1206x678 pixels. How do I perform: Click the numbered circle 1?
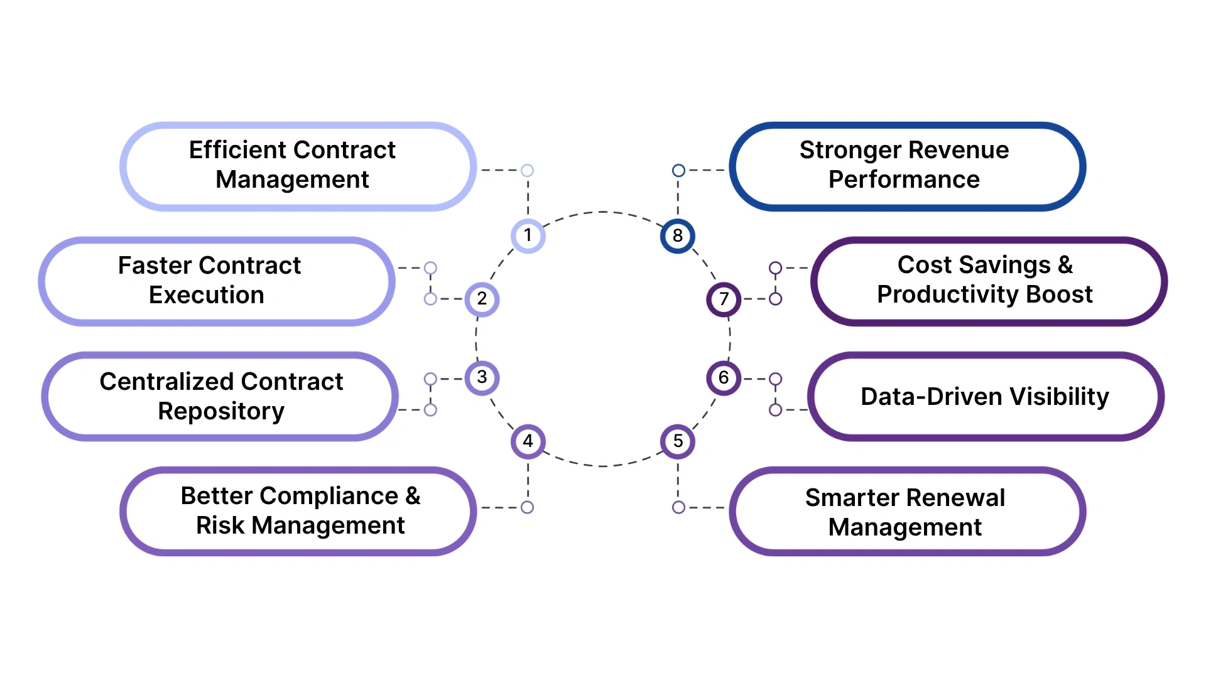coord(528,235)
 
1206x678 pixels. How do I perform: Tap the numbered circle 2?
coord(482,299)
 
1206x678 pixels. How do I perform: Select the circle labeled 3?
coord(482,377)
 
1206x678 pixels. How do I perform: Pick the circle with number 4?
coord(528,441)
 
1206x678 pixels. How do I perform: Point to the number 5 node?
coord(678,441)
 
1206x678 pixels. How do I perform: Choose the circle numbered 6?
coord(724,377)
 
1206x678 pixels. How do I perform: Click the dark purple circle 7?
coord(724,299)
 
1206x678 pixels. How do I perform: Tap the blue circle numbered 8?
coord(678,235)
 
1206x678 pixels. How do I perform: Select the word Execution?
coord(206,295)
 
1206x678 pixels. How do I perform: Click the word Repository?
coord(221,411)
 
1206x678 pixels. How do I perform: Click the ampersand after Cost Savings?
coord(1065,265)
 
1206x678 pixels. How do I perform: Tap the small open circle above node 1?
coord(528,170)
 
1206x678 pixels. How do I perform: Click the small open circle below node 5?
coord(678,507)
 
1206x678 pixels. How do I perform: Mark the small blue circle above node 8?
coord(678,170)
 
